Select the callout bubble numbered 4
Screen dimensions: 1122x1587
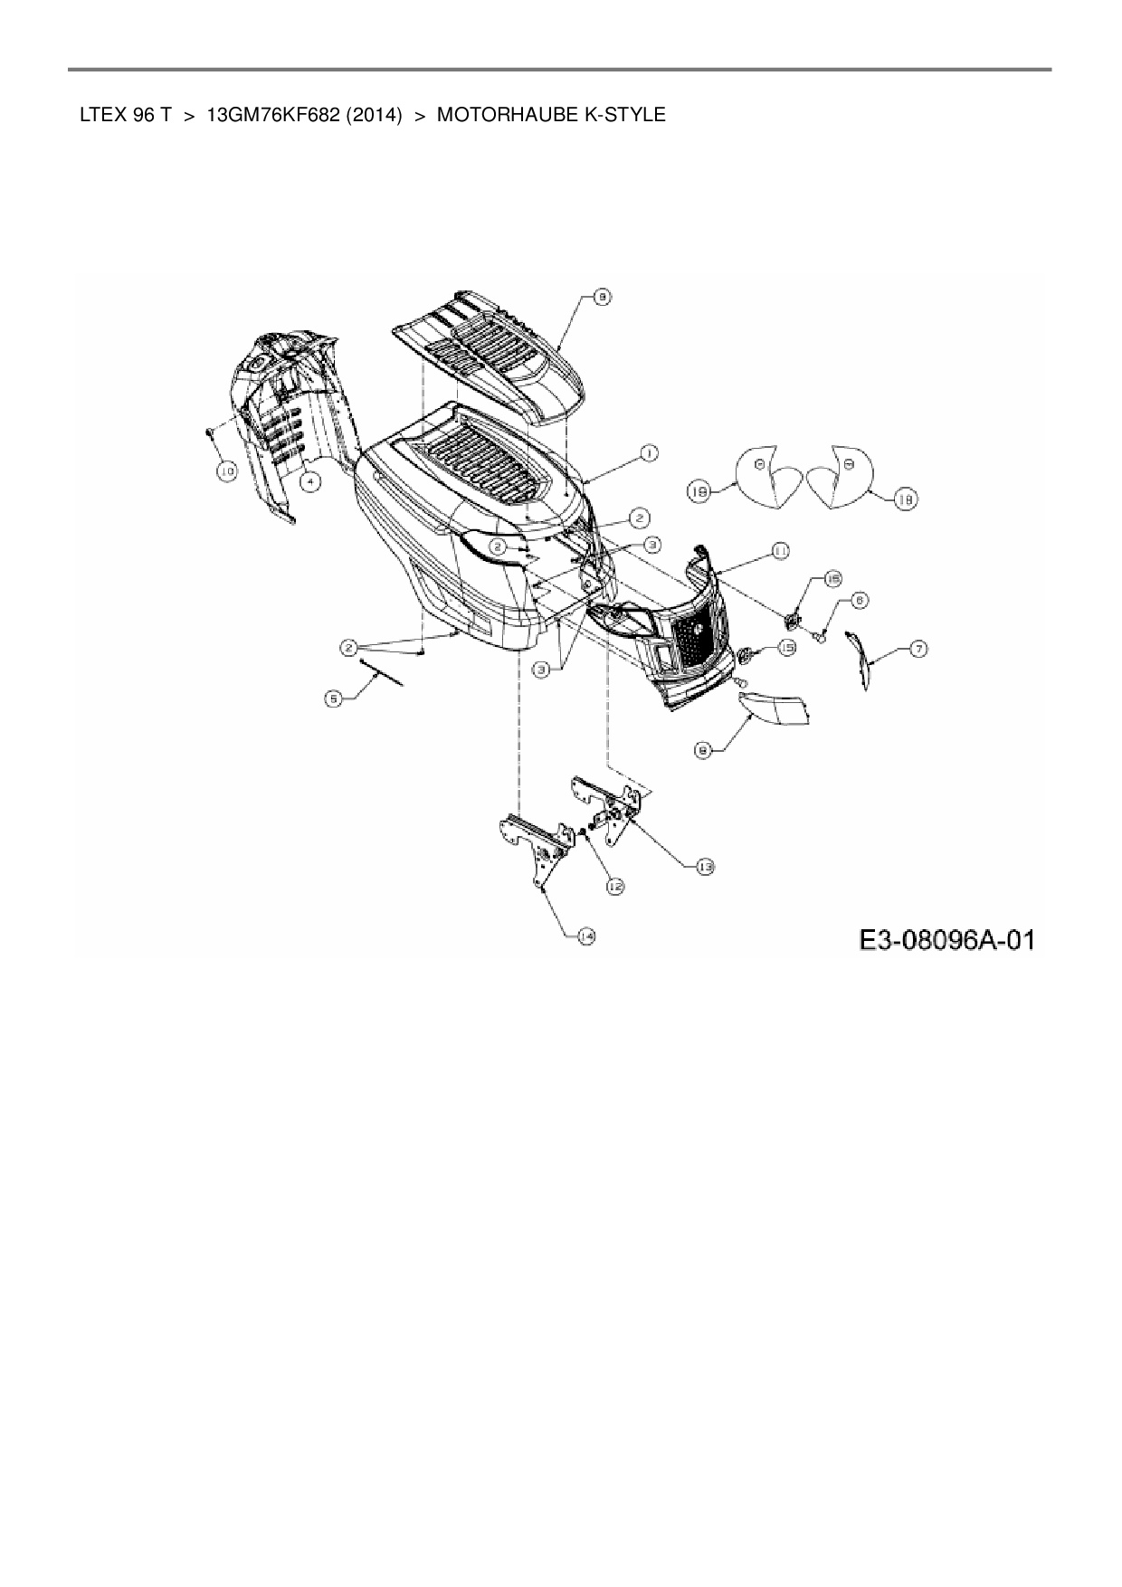point(309,482)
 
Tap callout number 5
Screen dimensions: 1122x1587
point(335,698)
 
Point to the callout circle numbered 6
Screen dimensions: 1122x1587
point(859,599)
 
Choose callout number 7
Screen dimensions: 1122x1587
point(918,649)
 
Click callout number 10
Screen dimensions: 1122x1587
point(225,470)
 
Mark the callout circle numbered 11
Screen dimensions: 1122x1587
point(778,550)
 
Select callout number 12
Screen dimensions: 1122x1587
point(615,887)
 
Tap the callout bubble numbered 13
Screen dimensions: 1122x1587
point(705,867)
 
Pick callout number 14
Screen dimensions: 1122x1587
point(586,936)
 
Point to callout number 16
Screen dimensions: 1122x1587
point(832,579)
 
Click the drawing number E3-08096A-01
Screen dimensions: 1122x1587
point(946,941)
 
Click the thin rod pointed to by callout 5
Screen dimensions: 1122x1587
point(382,673)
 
